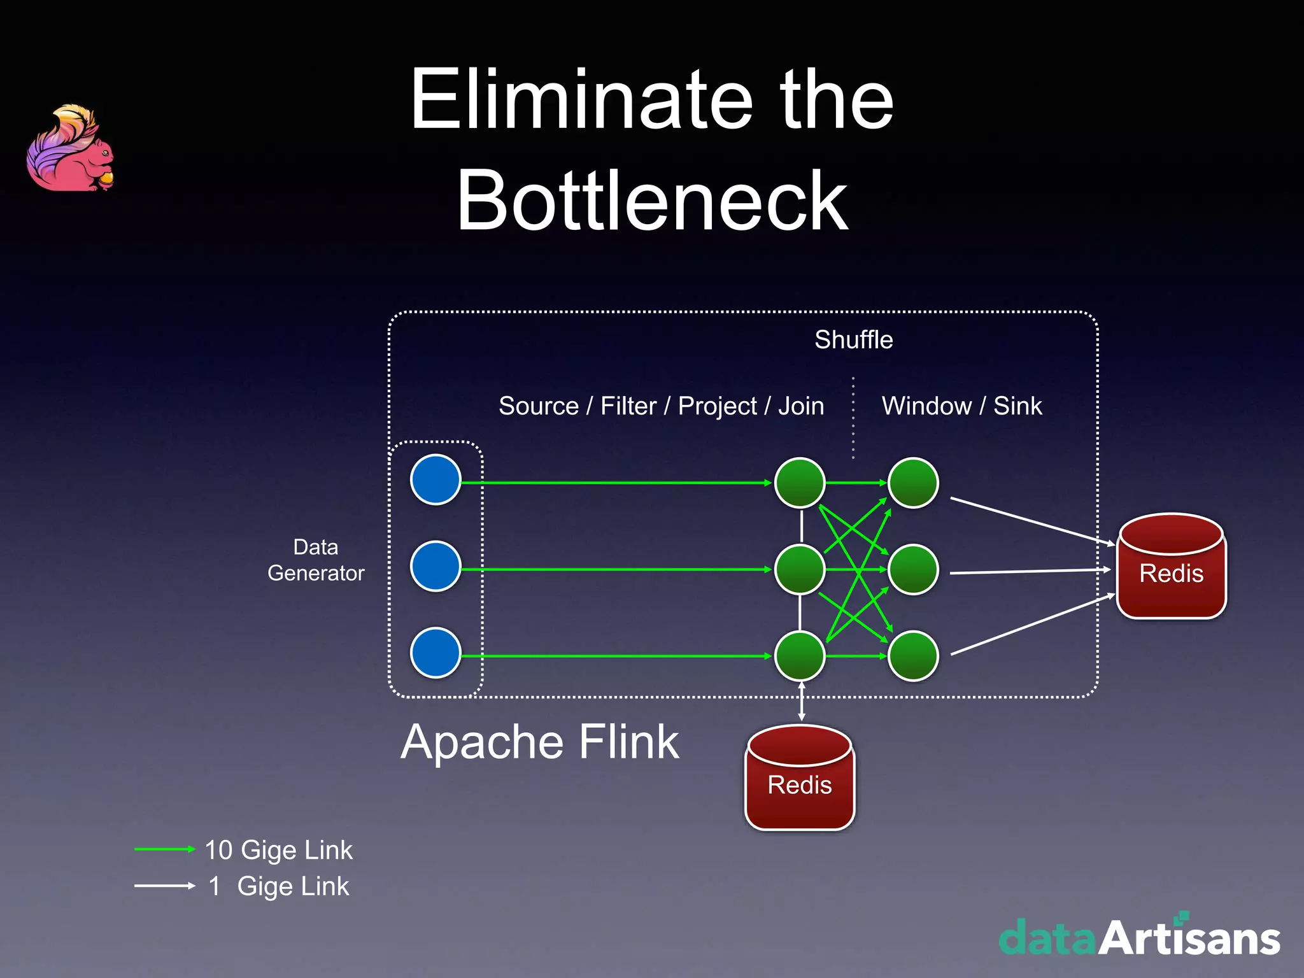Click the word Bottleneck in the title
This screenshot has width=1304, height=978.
click(652, 201)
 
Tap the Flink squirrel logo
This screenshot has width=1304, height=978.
click(71, 149)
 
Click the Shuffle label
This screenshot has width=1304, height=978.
click(853, 339)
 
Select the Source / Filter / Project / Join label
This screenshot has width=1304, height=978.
click(661, 406)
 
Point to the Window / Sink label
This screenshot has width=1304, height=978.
click(961, 406)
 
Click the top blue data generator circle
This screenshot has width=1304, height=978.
click(436, 479)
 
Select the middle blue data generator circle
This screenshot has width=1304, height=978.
click(436, 566)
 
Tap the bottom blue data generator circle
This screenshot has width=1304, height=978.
click(436, 653)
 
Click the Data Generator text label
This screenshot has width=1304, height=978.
click(316, 560)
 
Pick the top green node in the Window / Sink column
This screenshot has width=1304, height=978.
click(913, 483)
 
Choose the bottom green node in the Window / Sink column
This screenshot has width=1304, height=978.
click(913, 656)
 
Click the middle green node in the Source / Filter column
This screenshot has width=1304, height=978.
click(800, 569)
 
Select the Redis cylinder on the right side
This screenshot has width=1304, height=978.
click(1172, 567)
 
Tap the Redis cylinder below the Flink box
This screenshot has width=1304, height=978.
click(800, 778)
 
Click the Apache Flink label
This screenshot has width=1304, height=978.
click(540, 742)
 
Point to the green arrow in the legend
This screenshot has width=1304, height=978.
click(164, 849)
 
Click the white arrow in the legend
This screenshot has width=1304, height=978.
click(164, 886)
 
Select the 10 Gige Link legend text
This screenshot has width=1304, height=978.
click(278, 850)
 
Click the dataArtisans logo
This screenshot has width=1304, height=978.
click(1139, 937)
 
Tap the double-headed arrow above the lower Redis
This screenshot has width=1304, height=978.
click(802, 702)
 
